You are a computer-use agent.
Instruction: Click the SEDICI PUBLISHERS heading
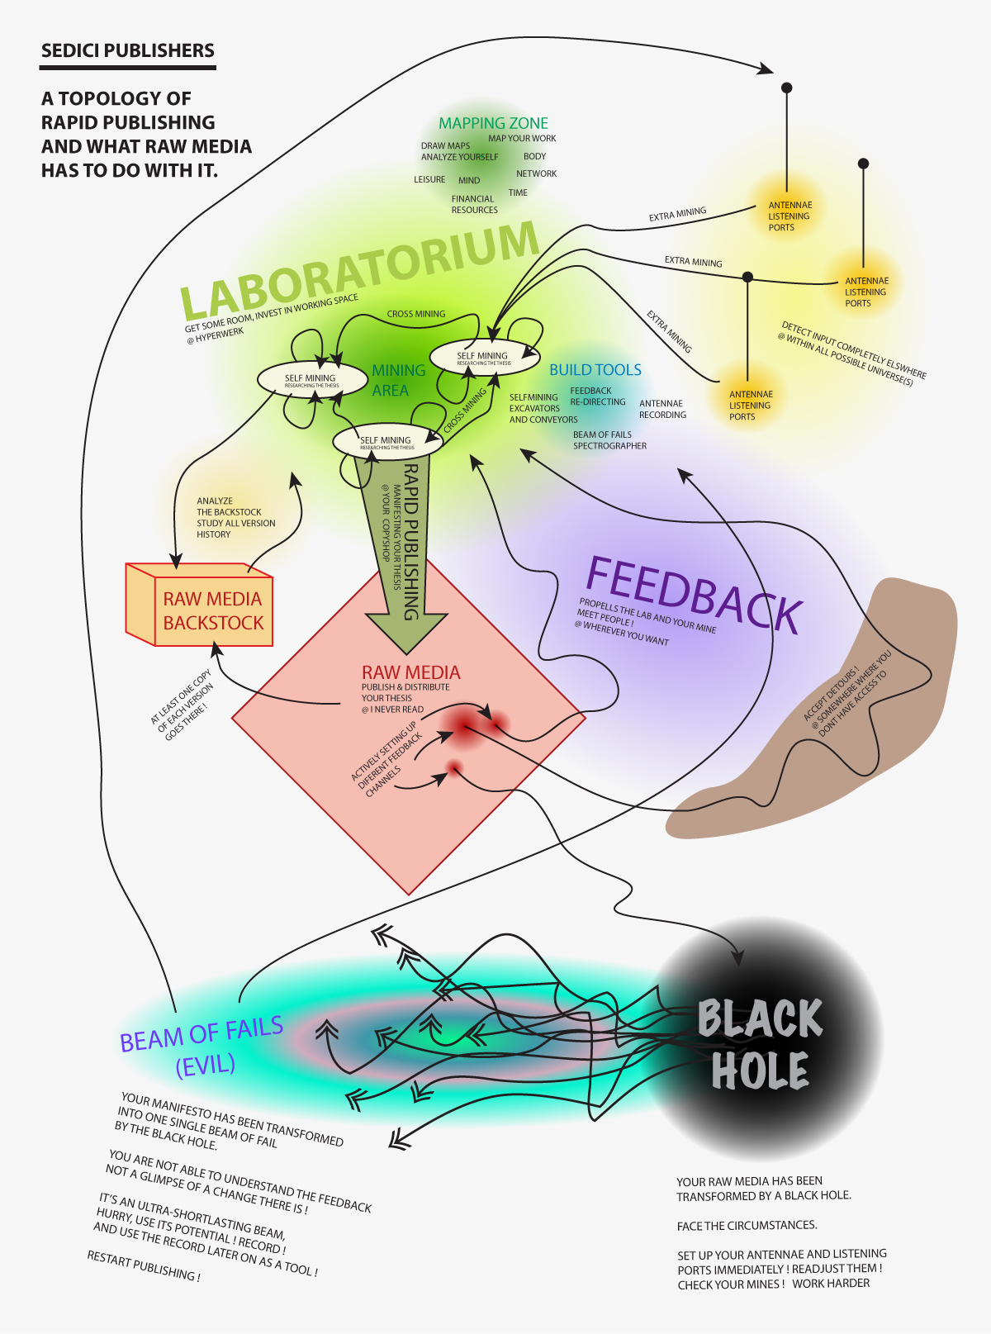click(x=127, y=51)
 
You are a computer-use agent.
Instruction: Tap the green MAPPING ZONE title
click(x=493, y=123)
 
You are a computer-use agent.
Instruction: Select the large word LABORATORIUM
click(x=359, y=269)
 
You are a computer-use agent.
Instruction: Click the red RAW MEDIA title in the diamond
click(x=410, y=672)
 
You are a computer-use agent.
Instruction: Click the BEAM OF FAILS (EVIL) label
click(x=202, y=1046)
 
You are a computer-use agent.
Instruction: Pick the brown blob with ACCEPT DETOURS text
click(x=826, y=727)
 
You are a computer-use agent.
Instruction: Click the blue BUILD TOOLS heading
click(x=595, y=370)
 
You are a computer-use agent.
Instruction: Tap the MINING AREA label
click(x=397, y=380)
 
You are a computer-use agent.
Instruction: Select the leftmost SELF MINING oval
click(x=311, y=380)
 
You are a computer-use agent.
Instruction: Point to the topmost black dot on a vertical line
click(x=787, y=88)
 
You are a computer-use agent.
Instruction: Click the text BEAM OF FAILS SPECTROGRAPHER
click(x=609, y=440)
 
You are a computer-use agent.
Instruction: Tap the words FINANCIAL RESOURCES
click(x=474, y=205)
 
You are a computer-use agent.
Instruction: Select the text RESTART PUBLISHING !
click(x=144, y=1265)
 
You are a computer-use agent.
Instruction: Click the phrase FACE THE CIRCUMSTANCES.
click(x=747, y=1225)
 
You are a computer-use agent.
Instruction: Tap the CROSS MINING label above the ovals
click(x=416, y=314)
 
